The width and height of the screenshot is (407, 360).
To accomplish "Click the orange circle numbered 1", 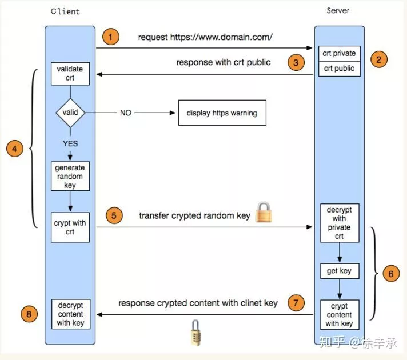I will tap(111, 38).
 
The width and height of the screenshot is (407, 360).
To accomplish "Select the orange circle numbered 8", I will tap(30, 313).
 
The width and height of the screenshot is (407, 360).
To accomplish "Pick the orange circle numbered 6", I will tap(390, 274).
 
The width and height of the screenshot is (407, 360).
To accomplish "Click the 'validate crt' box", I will tap(70, 74).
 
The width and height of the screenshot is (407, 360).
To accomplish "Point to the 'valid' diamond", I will tap(70, 113).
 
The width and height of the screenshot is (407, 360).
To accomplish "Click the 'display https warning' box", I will tap(222, 113).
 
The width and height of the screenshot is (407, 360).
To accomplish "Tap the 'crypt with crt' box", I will tap(70, 227).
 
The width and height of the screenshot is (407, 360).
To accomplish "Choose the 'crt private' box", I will tap(339, 53).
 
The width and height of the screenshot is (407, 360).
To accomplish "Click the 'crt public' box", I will tap(339, 69).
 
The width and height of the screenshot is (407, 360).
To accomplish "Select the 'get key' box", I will tap(339, 271).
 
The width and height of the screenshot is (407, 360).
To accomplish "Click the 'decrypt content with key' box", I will tap(70, 314).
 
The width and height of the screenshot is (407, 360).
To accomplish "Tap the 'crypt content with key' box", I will tap(339, 315).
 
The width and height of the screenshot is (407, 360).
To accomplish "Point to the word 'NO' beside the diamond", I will tap(125, 113).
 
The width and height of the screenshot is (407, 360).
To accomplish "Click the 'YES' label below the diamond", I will tap(70, 143).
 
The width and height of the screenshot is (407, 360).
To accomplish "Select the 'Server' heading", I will tap(338, 10).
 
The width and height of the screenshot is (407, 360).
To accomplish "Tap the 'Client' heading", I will tap(66, 11).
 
